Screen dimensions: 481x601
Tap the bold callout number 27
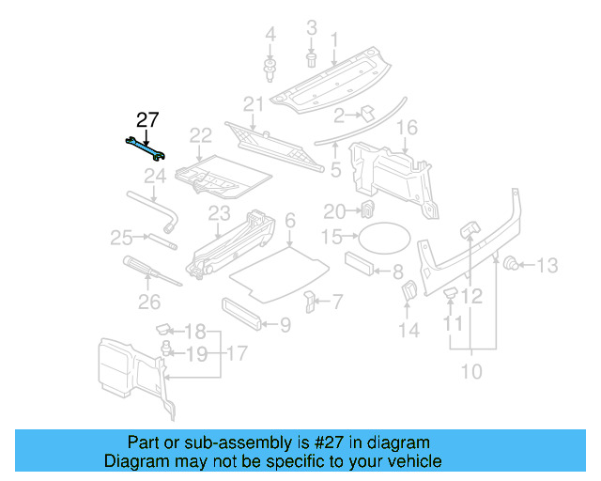point(148,119)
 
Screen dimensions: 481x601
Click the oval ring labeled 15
point(385,237)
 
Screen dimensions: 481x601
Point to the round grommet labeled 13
point(513,264)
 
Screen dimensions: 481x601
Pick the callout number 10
point(470,371)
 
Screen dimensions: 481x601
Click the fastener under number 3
point(312,60)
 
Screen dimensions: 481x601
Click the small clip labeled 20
point(369,209)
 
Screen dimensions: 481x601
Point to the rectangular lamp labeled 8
point(361,264)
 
